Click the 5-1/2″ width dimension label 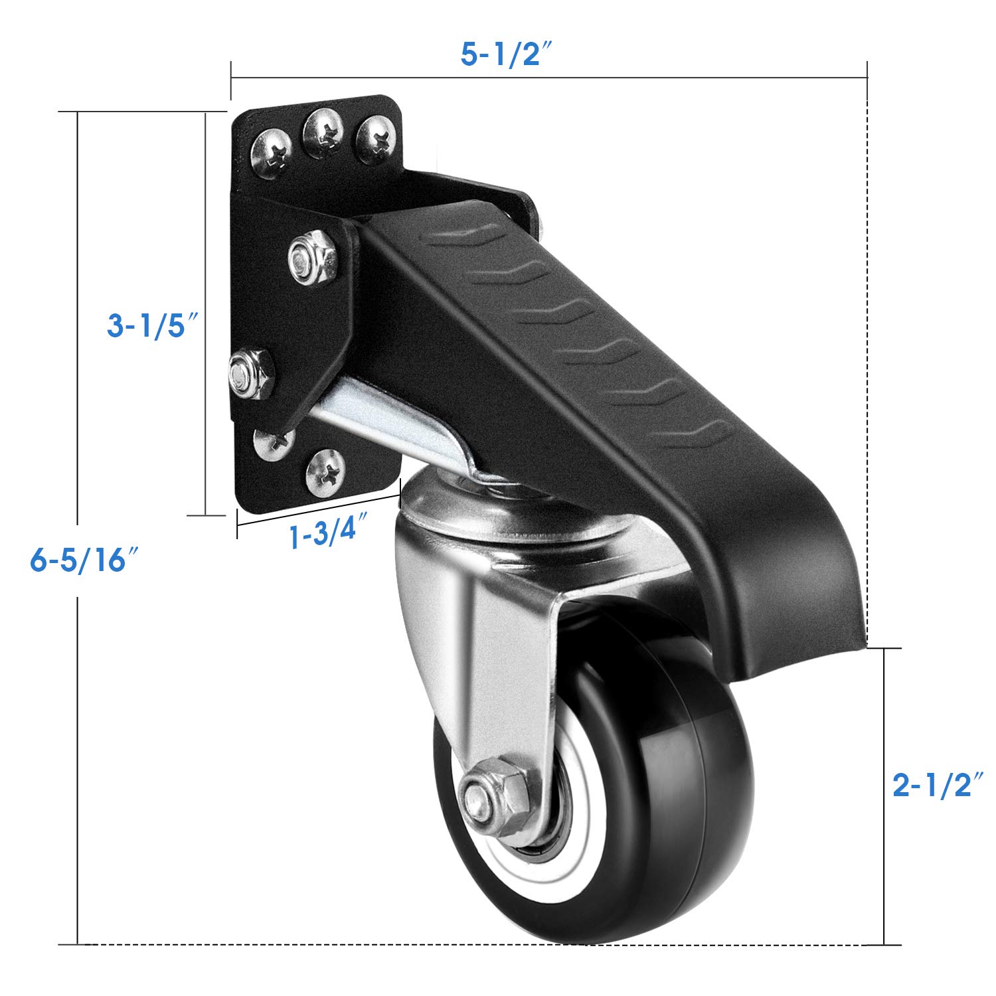click(x=507, y=54)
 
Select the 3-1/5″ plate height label click(x=154, y=325)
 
